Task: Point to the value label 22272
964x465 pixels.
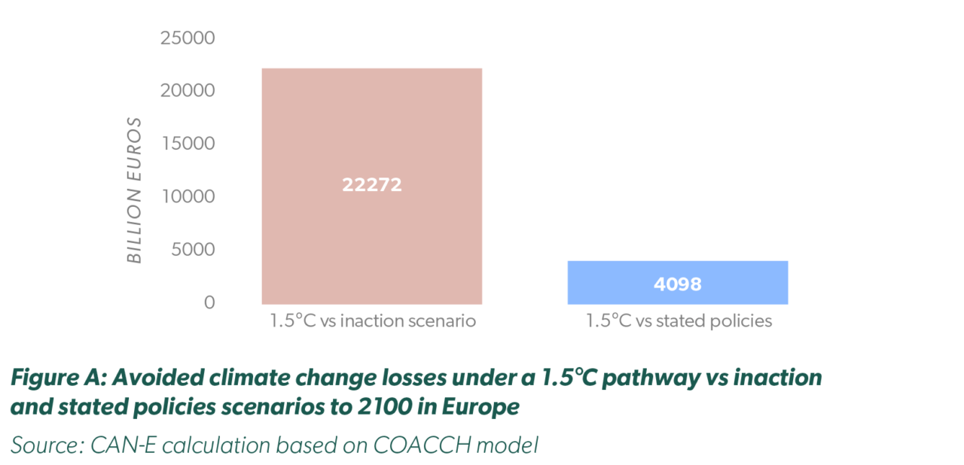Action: pyautogui.click(x=372, y=185)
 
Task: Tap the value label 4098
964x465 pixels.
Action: pyautogui.click(x=677, y=284)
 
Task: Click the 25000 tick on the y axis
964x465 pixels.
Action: pyautogui.click(x=188, y=38)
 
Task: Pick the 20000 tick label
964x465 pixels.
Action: pyautogui.click(x=188, y=90)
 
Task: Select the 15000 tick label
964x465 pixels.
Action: pyautogui.click(x=188, y=143)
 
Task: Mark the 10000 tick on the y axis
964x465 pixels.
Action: pyautogui.click(x=188, y=196)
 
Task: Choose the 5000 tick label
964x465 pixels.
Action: pyautogui.click(x=193, y=249)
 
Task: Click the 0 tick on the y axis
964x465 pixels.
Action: pyautogui.click(x=209, y=302)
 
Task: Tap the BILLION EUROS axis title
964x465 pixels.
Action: pyautogui.click(x=134, y=190)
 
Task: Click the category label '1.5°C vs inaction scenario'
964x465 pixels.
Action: pyautogui.click(x=373, y=321)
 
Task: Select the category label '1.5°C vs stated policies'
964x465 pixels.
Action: pyautogui.click(x=679, y=321)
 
